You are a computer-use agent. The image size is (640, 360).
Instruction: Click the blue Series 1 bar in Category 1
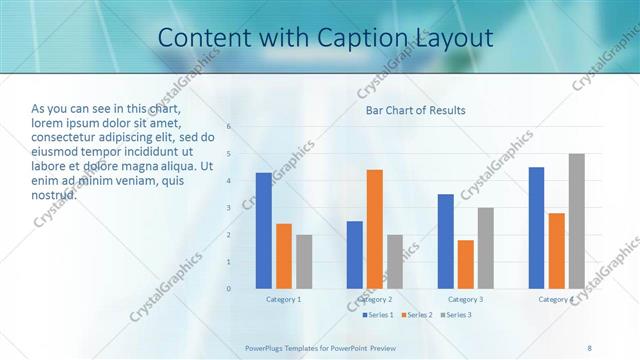coord(263,231)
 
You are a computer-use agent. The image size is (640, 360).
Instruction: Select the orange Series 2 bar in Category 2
coord(374,229)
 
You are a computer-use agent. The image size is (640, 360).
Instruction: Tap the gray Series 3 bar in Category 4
coord(576,221)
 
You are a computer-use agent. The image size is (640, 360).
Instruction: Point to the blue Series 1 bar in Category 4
coord(536,228)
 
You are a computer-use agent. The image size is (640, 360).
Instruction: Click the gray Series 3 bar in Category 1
coord(303,262)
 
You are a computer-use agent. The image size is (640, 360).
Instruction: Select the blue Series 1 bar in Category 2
coord(354,255)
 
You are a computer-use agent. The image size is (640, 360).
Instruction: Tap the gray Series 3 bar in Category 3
coord(485,248)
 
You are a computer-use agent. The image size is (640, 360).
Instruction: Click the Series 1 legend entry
coord(378,315)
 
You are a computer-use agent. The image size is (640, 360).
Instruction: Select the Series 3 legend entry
coord(456,315)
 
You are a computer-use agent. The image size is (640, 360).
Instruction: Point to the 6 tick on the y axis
coord(229,127)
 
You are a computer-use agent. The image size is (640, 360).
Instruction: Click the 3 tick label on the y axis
coord(229,208)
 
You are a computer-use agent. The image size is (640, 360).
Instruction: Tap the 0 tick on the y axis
coord(229,289)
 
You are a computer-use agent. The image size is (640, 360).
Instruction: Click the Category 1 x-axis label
coord(283,299)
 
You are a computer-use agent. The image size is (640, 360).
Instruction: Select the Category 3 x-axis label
coord(465,299)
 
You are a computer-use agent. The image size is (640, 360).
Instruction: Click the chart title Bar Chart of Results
coord(415,110)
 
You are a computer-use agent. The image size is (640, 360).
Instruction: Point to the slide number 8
coord(589,348)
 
